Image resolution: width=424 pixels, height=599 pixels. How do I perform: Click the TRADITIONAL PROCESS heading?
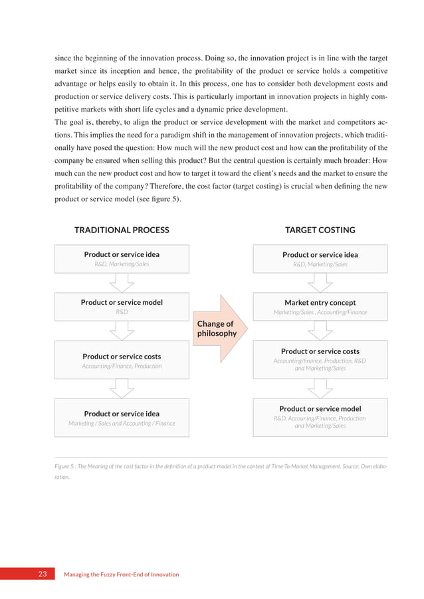tap(122, 230)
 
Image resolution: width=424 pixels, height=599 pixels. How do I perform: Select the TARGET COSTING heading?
tap(320, 230)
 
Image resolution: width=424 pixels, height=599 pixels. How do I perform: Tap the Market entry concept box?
tap(320, 307)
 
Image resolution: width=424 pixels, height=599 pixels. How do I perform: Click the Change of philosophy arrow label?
tap(216, 329)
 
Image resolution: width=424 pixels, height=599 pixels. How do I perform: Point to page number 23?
tap(42, 574)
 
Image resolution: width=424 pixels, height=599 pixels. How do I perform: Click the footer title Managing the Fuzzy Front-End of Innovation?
tap(121, 574)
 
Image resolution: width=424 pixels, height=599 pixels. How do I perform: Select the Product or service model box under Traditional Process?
tap(122, 306)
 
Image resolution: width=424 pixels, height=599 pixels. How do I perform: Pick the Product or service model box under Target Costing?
tap(320, 417)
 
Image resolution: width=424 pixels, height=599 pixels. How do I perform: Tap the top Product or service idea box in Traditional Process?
tap(122, 258)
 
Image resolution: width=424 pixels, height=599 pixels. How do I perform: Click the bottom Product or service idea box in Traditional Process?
tap(122, 418)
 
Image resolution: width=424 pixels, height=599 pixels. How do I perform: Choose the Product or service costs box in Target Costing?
tap(320, 359)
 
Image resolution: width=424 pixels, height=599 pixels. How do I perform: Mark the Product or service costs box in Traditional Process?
tap(122, 361)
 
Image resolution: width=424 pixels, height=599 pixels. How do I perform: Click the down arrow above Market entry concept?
tap(320, 282)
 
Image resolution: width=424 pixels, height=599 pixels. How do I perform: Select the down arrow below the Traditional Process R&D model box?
tap(122, 330)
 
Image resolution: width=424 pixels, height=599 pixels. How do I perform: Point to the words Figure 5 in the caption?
tap(66, 467)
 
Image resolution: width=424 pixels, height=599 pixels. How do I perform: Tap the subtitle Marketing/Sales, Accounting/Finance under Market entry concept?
tap(320, 312)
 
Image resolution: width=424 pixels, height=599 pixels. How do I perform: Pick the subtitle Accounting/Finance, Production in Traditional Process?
tap(122, 366)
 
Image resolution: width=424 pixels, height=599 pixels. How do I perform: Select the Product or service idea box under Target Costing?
tap(320, 258)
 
